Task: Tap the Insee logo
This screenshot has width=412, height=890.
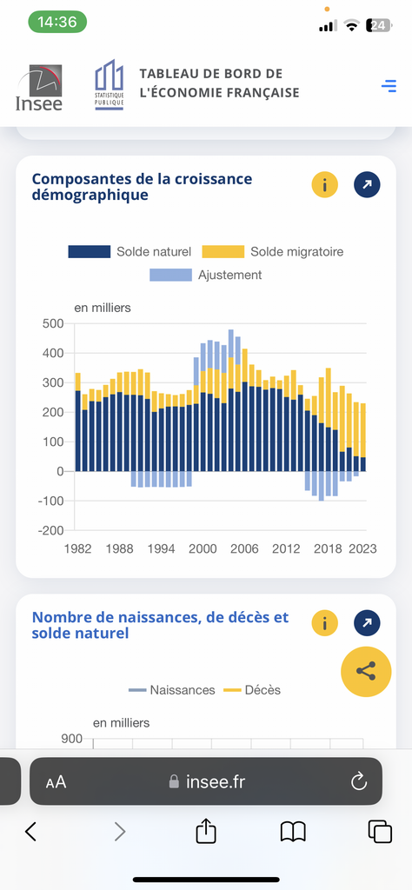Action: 39,87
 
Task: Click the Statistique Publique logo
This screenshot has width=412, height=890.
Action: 109,85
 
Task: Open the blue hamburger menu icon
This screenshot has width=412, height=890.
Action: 389,86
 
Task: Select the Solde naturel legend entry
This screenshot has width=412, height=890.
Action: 130,251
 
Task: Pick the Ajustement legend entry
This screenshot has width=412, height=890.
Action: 205,276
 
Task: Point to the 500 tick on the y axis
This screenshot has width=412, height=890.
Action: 53,323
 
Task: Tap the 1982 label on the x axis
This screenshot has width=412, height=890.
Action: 76,549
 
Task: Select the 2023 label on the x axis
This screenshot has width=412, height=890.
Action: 362,549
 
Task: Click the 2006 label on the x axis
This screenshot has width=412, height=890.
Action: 244,549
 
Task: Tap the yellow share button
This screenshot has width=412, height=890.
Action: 366,672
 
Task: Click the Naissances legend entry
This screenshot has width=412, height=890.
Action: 172,690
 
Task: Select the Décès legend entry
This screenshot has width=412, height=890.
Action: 252,690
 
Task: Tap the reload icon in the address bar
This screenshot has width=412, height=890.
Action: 359,782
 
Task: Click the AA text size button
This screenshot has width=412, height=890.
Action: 56,783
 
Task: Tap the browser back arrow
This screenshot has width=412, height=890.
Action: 31,832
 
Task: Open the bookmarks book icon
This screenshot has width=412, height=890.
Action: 294,832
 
